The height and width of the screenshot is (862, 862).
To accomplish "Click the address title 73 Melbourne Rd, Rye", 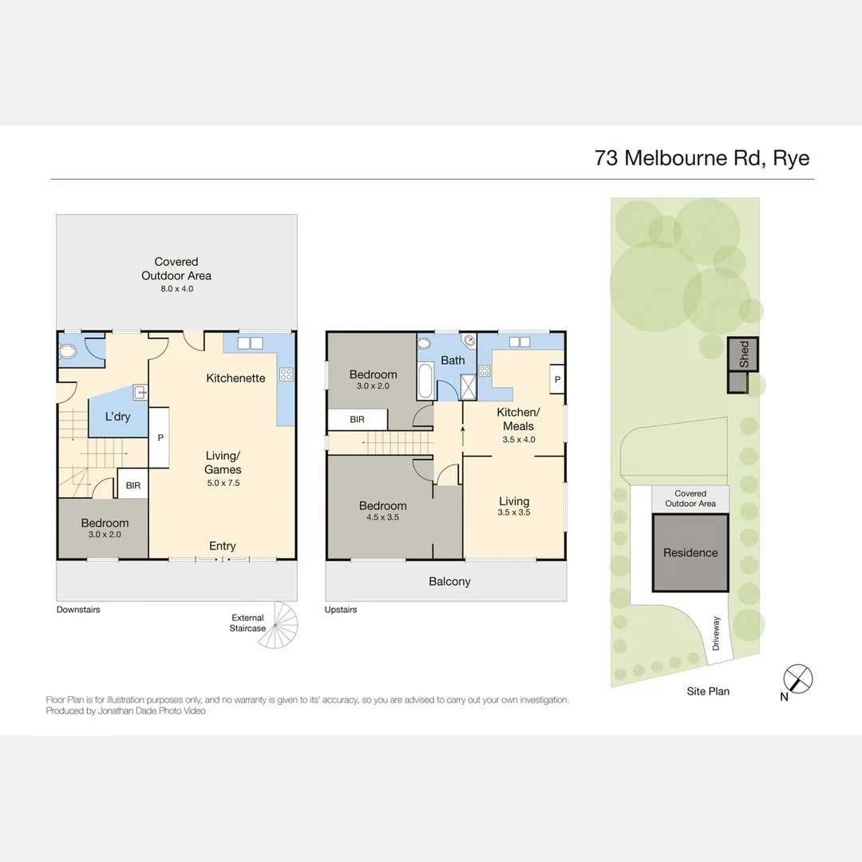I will [x=702, y=157].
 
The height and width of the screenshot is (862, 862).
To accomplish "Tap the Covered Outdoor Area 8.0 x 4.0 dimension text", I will [x=176, y=289].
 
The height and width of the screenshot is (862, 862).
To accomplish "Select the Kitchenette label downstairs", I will [x=235, y=378].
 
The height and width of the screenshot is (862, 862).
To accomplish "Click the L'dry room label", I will [x=118, y=417].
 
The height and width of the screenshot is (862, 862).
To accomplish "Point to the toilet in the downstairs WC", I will [x=68, y=350].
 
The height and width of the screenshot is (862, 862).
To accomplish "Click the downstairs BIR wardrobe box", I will [x=132, y=484].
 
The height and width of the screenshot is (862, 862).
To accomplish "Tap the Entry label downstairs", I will [x=222, y=546].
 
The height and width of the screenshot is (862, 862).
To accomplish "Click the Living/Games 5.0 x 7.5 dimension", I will [x=223, y=483].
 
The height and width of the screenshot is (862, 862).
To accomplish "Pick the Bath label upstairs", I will [x=453, y=360].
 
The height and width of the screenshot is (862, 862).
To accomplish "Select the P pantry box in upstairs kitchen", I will [x=556, y=380].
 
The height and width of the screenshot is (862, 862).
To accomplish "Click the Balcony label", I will [x=449, y=582].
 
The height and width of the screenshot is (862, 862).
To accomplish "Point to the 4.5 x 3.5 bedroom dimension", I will [x=382, y=518].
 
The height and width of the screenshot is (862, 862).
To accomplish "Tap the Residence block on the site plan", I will [x=690, y=552].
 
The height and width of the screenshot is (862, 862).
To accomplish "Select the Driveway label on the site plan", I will [x=716, y=632].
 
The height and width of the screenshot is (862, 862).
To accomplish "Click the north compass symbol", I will [x=797, y=679].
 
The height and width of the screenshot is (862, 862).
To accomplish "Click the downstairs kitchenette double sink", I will [x=251, y=343].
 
